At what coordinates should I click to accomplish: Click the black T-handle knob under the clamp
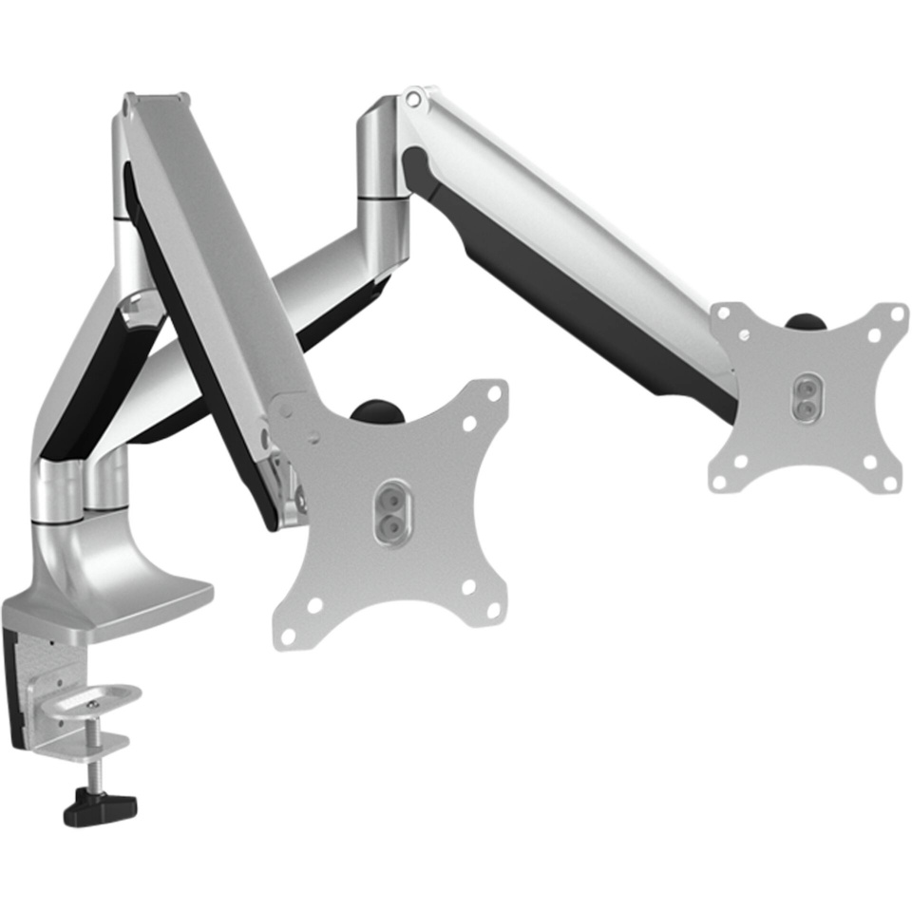[100, 808]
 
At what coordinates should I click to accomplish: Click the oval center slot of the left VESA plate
[391, 512]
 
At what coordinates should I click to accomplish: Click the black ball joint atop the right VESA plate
[806, 321]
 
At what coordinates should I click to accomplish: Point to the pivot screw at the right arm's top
[412, 98]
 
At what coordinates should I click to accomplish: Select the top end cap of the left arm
[152, 99]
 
